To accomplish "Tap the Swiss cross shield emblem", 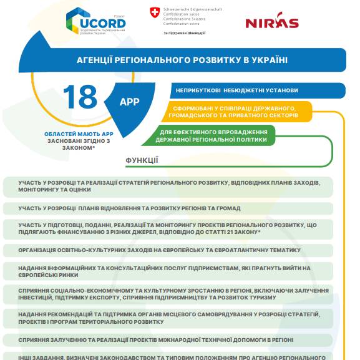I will [154, 12].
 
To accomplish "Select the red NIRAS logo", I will [271, 23].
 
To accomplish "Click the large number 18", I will [80, 97].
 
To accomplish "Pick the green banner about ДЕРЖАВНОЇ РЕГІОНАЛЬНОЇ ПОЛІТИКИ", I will [213, 135].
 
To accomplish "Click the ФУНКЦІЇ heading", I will [142, 160].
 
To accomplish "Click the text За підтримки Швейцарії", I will [184, 32].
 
